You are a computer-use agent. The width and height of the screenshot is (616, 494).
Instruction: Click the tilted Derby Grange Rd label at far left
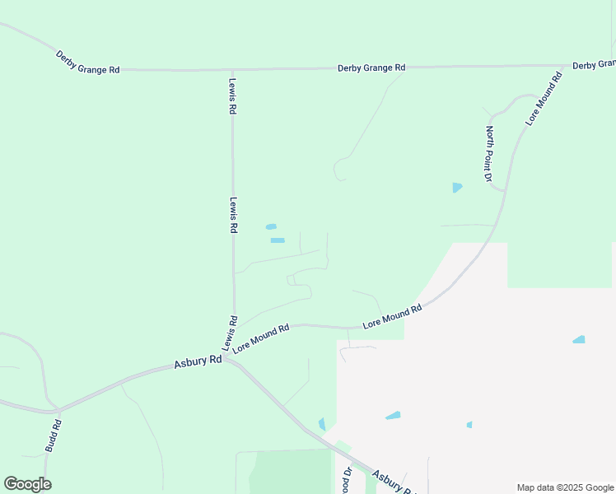[x=87, y=63]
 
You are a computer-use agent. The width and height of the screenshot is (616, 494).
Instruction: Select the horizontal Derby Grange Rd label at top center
[x=371, y=68]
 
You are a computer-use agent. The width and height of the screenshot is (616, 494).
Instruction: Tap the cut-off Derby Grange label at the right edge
[x=594, y=64]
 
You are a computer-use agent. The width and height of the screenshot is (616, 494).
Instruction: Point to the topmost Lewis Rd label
[x=233, y=96]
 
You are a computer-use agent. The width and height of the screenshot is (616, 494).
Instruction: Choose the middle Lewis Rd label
[x=234, y=215]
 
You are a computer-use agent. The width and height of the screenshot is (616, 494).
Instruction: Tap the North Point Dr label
[x=488, y=154]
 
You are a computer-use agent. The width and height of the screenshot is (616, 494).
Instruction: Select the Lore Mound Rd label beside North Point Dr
[x=544, y=99]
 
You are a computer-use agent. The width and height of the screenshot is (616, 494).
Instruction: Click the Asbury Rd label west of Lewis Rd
[x=198, y=361]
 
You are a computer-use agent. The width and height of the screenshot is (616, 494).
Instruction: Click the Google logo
[x=27, y=484]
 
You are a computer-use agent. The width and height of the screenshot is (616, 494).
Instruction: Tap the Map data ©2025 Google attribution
[x=565, y=487]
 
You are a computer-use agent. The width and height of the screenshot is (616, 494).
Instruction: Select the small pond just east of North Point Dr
[x=457, y=188]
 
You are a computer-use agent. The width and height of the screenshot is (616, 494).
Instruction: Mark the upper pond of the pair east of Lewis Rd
[x=271, y=226]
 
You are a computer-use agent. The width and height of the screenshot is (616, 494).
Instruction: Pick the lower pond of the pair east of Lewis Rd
[x=278, y=240]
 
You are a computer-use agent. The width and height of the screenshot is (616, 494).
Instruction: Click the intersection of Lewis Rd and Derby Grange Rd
[x=233, y=70]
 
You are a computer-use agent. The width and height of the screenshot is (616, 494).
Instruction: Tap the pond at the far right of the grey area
[x=579, y=339]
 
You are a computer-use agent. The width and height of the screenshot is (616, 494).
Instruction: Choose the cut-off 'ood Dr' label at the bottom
[x=348, y=481]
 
